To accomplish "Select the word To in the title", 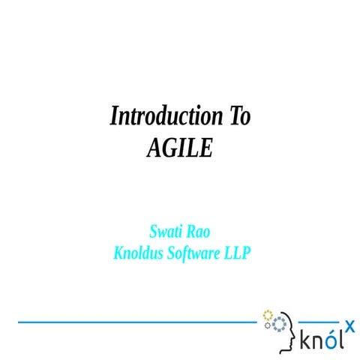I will coord(235,117).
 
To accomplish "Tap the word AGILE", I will coord(180,147).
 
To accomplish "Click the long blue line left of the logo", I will coord(135,321).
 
